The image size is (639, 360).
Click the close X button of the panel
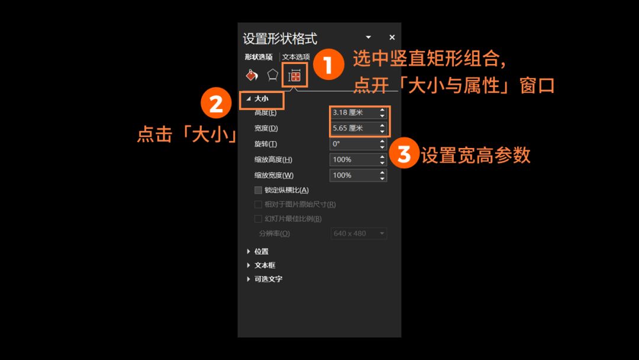pos(392,37)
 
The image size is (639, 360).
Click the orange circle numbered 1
pos(328,65)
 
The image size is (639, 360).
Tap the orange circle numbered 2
pos(216,103)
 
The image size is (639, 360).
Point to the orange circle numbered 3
pos(404,153)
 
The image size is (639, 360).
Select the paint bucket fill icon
pos(252,75)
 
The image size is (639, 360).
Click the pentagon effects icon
pos(273,75)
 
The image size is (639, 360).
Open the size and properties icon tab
pos(295,75)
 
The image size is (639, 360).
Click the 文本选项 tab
pos(296,57)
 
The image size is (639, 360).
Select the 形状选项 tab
pos(259,57)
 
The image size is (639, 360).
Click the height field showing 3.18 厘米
pos(354,112)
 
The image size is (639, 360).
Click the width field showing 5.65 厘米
pos(354,128)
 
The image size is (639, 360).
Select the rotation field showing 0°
pos(354,144)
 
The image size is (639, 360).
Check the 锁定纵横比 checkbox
pos(258,190)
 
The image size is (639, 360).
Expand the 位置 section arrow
pos(248,252)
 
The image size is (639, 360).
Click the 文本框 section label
pos(265,265)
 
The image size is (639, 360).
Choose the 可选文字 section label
pos(268,279)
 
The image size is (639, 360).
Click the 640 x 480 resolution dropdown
pos(359,234)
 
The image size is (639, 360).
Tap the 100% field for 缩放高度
pos(354,159)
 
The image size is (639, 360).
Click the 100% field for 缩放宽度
pos(354,175)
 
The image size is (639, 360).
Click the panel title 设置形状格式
pos(280,38)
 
